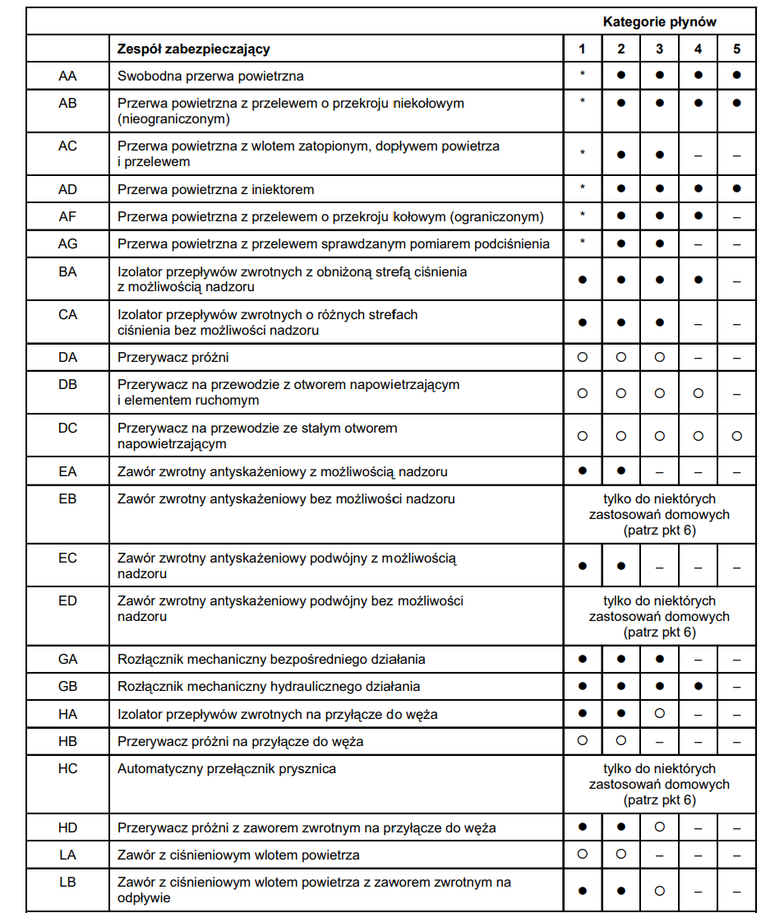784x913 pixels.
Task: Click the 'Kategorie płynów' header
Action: [x=659, y=21]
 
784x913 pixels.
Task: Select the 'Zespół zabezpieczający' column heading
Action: [x=194, y=49]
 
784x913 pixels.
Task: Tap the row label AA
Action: [x=67, y=76]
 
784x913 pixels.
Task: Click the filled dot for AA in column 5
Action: [x=736, y=75]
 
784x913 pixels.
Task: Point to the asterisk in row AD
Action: [x=583, y=188]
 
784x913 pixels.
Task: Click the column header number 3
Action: [x=659, y=49]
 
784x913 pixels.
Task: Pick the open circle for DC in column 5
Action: [x=736, y=436]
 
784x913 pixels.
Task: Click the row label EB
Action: [x=67, y=498]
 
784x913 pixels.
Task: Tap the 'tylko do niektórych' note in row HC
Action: [x=659, y=769]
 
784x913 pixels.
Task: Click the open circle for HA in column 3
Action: [x=659, y=713]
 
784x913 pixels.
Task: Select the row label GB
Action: [x=67, y=686]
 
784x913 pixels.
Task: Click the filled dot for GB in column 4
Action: [x=698, y=686]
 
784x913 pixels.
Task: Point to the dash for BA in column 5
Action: [x=736, y=280]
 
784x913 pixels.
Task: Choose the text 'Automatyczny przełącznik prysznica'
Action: [x=227, y=769]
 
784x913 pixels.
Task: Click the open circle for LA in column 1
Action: [x=583, y=854]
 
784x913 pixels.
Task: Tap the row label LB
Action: [x=67, y=883]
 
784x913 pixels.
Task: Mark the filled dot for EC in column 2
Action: [x=621, y=566]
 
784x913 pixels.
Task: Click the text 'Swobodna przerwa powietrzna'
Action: [x=210, y=76]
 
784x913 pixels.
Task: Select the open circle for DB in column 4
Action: [x=698, y=393]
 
